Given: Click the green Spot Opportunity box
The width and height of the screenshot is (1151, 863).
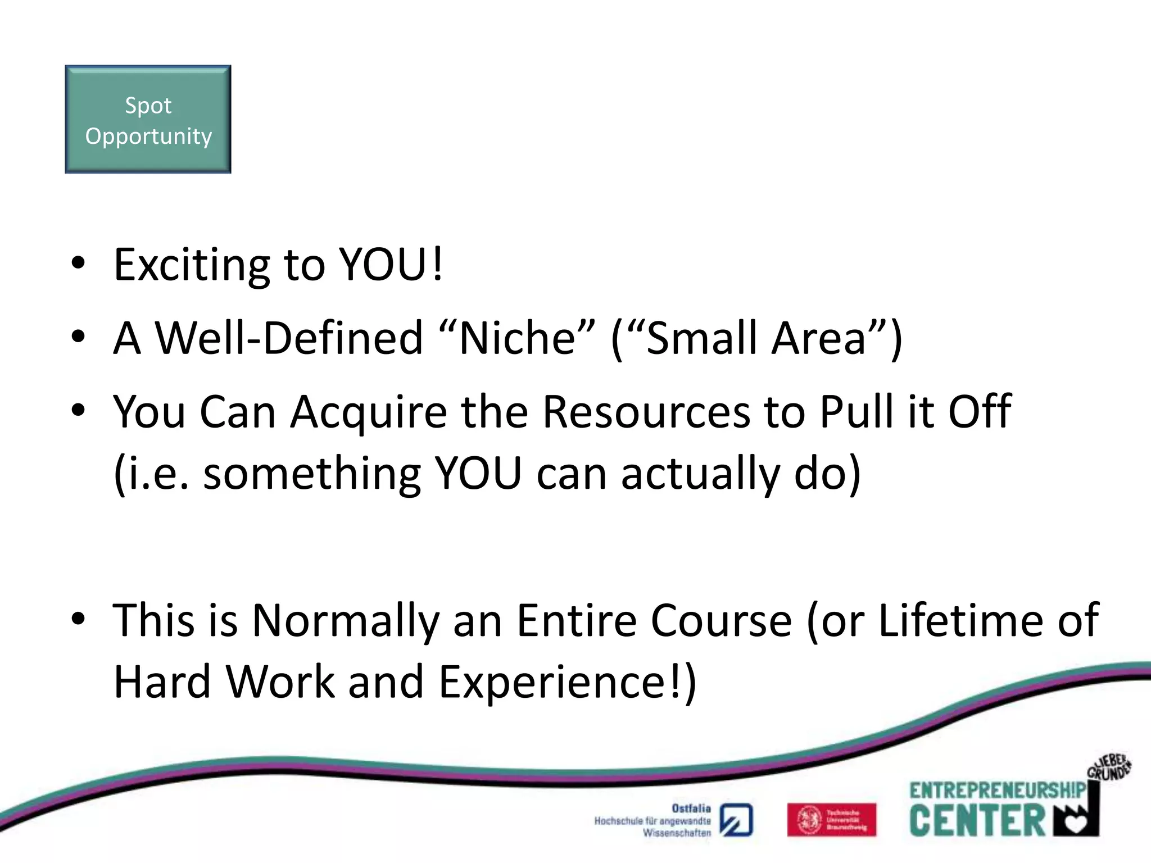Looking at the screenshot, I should (148, 119).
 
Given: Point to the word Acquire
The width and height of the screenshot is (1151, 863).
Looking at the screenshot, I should (368, 412).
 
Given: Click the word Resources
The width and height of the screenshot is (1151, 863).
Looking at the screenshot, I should (646, 412).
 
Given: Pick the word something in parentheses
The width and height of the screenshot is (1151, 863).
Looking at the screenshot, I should (312, 473).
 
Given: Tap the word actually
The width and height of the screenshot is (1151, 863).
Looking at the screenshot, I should (700, 473).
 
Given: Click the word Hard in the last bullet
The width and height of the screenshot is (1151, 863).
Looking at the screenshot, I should (162, 682).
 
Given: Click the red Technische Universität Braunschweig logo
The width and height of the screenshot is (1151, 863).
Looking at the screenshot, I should (831, 820).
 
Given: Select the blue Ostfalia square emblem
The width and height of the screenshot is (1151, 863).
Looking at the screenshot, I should (736, 820).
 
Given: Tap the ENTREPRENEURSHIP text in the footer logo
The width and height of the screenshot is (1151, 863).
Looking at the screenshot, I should (997, 791).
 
